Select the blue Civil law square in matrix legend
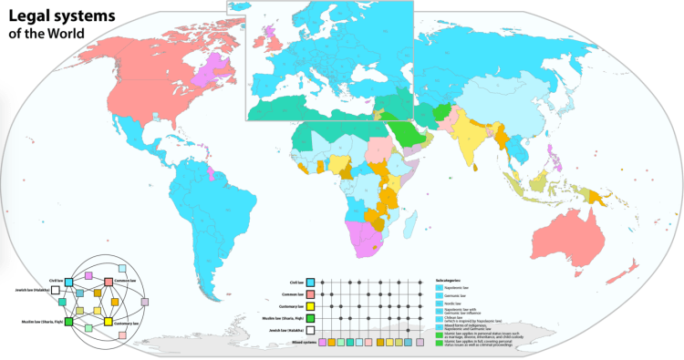(x=311, y=283)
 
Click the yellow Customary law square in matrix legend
(x=311, y=305)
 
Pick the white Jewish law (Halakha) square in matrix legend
(x=311, y=329)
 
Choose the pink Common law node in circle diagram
(x=109, y=280)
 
